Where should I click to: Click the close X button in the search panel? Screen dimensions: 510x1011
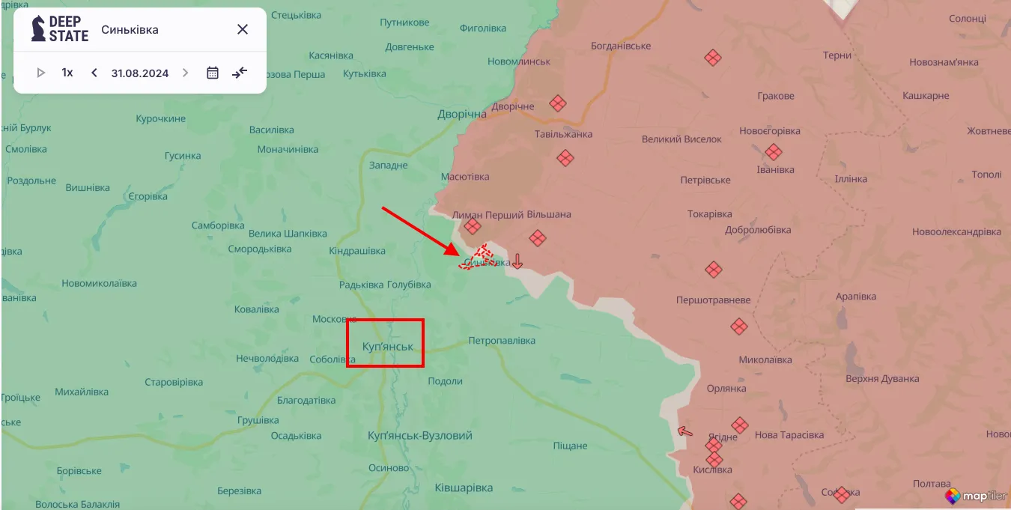[243, 29]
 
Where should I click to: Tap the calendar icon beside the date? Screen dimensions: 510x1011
[213, 73]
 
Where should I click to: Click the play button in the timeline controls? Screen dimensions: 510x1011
[41, 73]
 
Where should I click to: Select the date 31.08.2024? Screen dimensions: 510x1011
[140, 73]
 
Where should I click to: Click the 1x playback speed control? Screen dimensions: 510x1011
[67, 73]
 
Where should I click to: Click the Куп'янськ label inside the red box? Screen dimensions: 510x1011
[387, 347]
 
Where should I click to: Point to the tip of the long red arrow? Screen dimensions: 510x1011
[458, 255]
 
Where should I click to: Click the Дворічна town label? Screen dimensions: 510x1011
[462, 114]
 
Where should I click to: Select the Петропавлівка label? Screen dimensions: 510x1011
[502, 341]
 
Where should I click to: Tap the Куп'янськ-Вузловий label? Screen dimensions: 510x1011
[420, 435]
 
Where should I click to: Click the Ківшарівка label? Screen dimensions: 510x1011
[464, 488]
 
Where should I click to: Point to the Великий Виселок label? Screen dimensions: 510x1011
[681, 139]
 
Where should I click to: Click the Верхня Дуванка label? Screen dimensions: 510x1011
[881, 378]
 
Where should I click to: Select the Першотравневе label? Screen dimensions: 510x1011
[713, 300]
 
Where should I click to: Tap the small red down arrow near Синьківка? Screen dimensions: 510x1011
[517, 261]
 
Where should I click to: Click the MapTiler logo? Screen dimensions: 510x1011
[975, 496]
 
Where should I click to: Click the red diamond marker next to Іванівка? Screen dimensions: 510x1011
[774, 153]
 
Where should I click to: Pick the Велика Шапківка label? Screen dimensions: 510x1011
[278, 234]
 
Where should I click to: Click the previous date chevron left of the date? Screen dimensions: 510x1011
[94, 73]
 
